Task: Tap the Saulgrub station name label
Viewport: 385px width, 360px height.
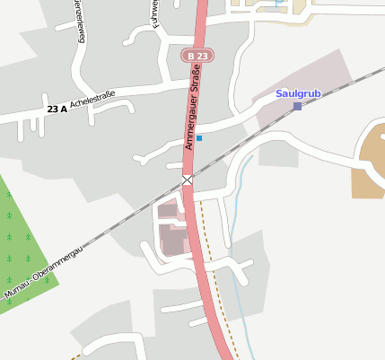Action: [297, 92]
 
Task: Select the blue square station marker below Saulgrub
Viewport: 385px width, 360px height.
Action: [297, 107]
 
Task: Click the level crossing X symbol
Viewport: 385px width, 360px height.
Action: [188, 180]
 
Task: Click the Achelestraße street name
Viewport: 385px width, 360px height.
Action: [95, 103]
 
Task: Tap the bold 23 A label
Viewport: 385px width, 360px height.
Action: [57, 110]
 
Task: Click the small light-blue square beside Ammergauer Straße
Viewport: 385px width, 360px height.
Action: [199, 138]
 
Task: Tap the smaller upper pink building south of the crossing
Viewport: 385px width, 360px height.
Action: [169, 212]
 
